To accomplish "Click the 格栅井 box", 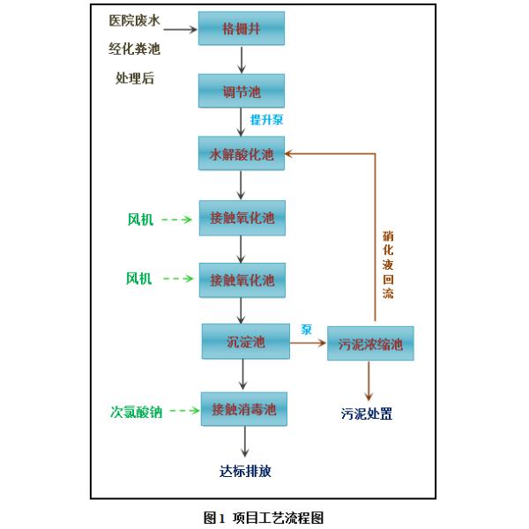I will pyautogui.click(x=242, y=28).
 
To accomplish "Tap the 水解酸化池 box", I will pyautogui.click(x=242, y=154).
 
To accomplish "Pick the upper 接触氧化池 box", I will pyautogui.click(x=242, y=217).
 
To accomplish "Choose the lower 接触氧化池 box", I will pyautogui.click(x=242, y=279).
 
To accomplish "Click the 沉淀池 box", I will pyautogui.click(x=246, y=341).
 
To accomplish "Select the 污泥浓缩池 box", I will pyautogui.click(x=370, y=344).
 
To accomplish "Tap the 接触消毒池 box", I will pyautogui.click(x=244, y=410).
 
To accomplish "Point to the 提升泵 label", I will pyautogui.click(x=266, y=119).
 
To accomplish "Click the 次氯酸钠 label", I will pyautogui.click(x=136, y=411).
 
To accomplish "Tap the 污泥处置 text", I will pyautogui.click(x=367, y=413).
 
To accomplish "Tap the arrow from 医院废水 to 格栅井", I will pyautogui.click(x=179, y=29).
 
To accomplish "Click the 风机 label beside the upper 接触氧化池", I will pyautogui.click(x=140, y=219).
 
